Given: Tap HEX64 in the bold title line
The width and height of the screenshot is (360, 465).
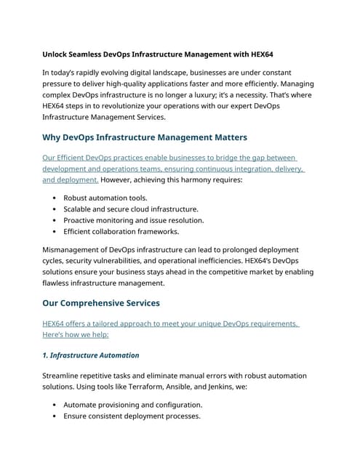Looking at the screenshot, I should click(259, 54).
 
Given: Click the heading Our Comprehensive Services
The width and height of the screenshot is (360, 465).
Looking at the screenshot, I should click(101, 303).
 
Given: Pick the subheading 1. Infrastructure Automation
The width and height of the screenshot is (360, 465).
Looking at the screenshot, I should click(91, 355).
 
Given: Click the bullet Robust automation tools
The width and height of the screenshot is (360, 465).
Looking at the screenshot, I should click(105, 198).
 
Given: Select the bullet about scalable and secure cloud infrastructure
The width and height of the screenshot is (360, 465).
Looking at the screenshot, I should click(131, 209).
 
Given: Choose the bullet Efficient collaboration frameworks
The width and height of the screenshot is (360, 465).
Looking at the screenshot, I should click(121, 232).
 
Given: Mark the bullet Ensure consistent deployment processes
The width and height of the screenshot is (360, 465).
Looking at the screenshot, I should click(132, 416).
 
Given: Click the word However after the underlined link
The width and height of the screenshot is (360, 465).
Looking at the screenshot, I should click(119, 179).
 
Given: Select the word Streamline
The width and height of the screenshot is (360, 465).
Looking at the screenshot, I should click(65, 376).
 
